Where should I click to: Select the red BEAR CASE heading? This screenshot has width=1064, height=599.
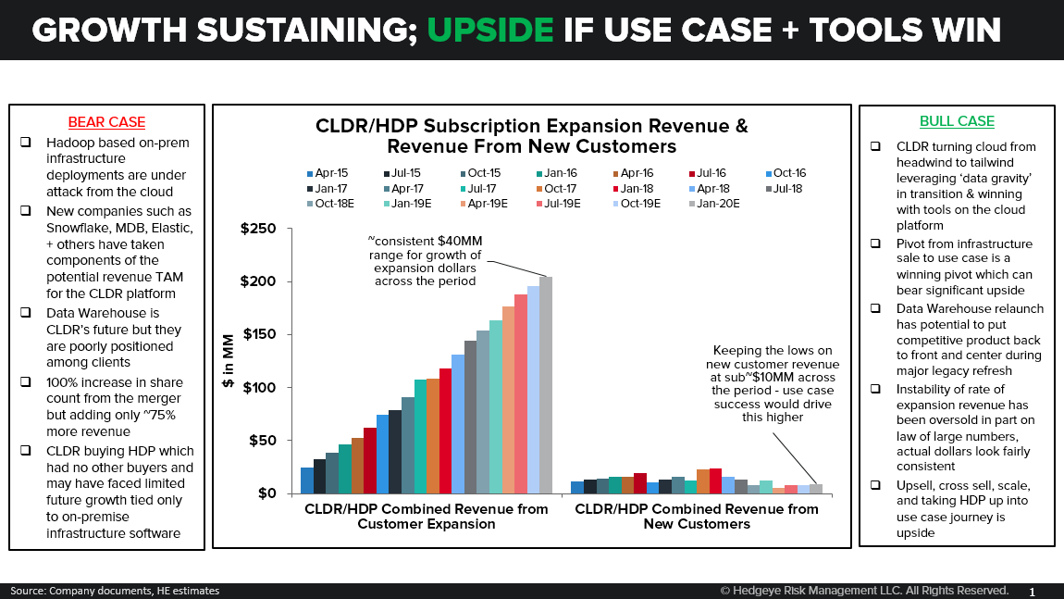tap(106, 122)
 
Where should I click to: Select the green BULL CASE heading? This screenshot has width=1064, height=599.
tap(957, 121)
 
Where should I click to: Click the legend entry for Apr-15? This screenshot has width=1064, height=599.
tap(326, 173)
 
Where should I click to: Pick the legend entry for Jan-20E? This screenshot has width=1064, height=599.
tap(712, 203)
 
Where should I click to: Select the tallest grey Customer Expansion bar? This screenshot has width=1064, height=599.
tap(546, 384)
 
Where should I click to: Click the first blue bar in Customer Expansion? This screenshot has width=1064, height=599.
tap(307, 480)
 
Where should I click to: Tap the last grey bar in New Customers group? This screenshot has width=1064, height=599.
tap(816, 488)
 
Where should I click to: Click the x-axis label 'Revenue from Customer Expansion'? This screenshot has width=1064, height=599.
tap(427, 517)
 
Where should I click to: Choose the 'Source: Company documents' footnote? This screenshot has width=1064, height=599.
tap(116, 591)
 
